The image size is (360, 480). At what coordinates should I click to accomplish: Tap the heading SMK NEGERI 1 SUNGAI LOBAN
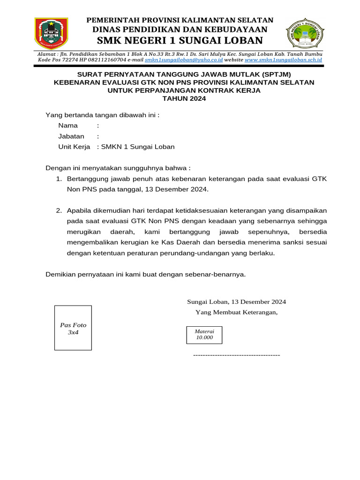(x=180, y=40)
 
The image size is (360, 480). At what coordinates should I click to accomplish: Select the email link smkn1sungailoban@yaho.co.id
(x=184, y=60)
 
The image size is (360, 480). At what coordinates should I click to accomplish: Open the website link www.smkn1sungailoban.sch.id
(x=283, y=60)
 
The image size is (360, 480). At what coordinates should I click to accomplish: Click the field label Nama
(x=68, y=126)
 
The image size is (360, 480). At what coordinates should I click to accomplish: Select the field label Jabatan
(x=71, y=136)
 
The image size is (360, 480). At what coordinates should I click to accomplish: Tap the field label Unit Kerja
(x=74, y=147)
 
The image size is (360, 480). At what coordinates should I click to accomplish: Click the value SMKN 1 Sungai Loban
(x=138, y=147)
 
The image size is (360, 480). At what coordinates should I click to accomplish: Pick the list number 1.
(x=59, y=179)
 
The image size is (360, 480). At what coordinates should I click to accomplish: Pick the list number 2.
(x=59, y=210)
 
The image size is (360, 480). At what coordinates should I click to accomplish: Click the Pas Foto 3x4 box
(x=73, y=328)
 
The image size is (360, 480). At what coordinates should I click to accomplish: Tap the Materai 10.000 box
(x=204, y=334)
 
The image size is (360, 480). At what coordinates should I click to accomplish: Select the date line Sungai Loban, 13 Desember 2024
(x=236, y=302)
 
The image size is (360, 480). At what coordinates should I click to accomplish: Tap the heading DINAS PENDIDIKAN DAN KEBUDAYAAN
(x=180, y=30)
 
